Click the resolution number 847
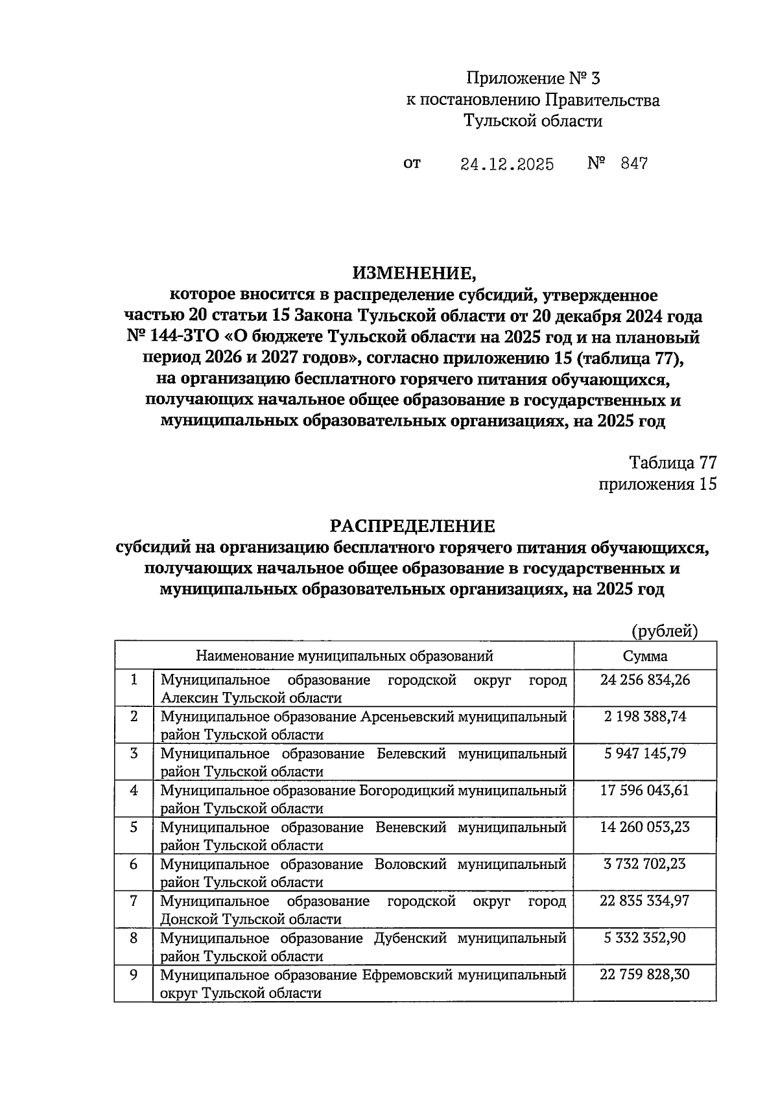click(x=633, y=163)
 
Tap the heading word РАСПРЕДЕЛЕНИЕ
click(x=414, y=525)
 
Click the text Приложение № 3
click(x=533, y=79)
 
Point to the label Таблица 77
click(x=672, y=463)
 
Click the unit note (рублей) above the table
click(x=665, y=631)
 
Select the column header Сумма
click(x=644, y=656)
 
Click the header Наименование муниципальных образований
click(x=344, y=656)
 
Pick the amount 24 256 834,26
click(x=644, y=680)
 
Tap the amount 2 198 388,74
click(x=644, y=717)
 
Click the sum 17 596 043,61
click(x=644, y=791)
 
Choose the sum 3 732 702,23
click(x=644, y=864)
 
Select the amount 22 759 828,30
click(x=644, y=975)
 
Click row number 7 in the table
click(x=134, y=901)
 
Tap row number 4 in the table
click(x=134, y=791)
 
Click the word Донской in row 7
click(x=189, y=920)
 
